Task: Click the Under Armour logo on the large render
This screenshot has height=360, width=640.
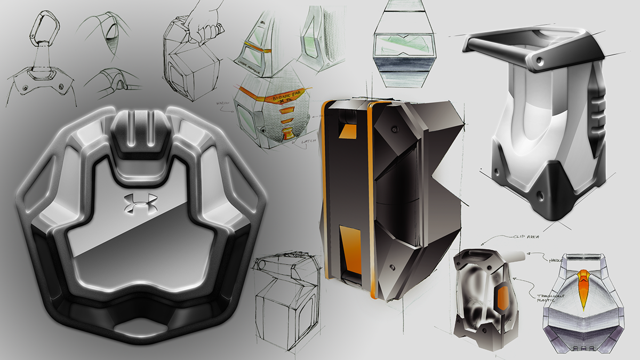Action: pos(140,204)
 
